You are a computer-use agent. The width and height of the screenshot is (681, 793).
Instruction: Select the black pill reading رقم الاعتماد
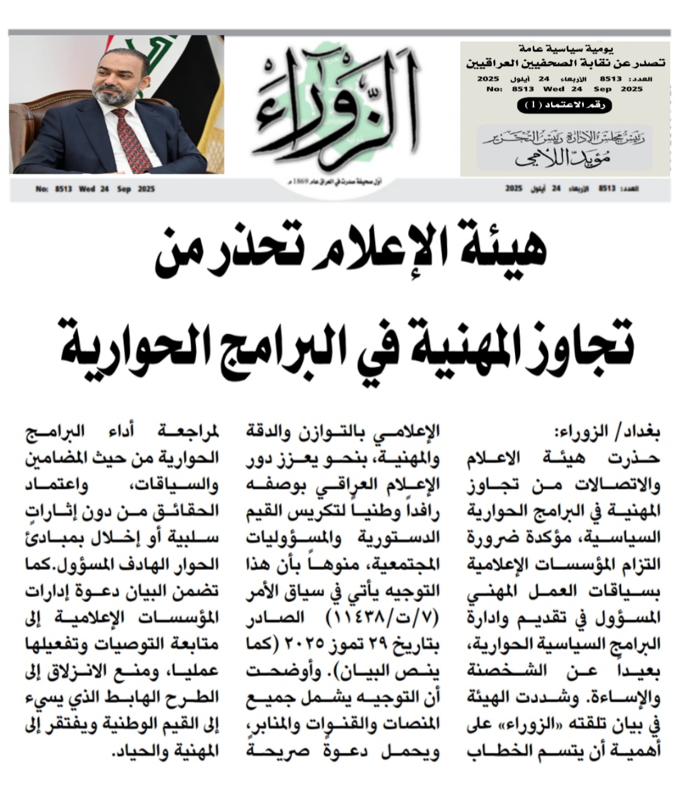(564, 106)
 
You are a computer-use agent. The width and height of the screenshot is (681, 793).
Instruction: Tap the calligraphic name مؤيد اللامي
(564, 158)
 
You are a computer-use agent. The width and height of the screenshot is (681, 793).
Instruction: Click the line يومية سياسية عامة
(564, 49)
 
